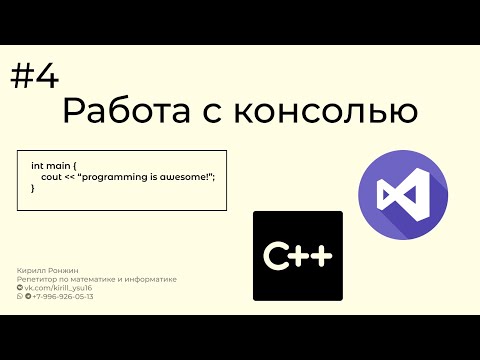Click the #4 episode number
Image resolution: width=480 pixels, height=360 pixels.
point(35,77)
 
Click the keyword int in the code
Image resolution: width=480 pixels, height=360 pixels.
point(37,164)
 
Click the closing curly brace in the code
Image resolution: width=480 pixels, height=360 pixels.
point(33,188)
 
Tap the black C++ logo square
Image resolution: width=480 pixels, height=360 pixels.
point(297,256)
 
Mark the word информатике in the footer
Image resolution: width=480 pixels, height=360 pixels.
point(151,280)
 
